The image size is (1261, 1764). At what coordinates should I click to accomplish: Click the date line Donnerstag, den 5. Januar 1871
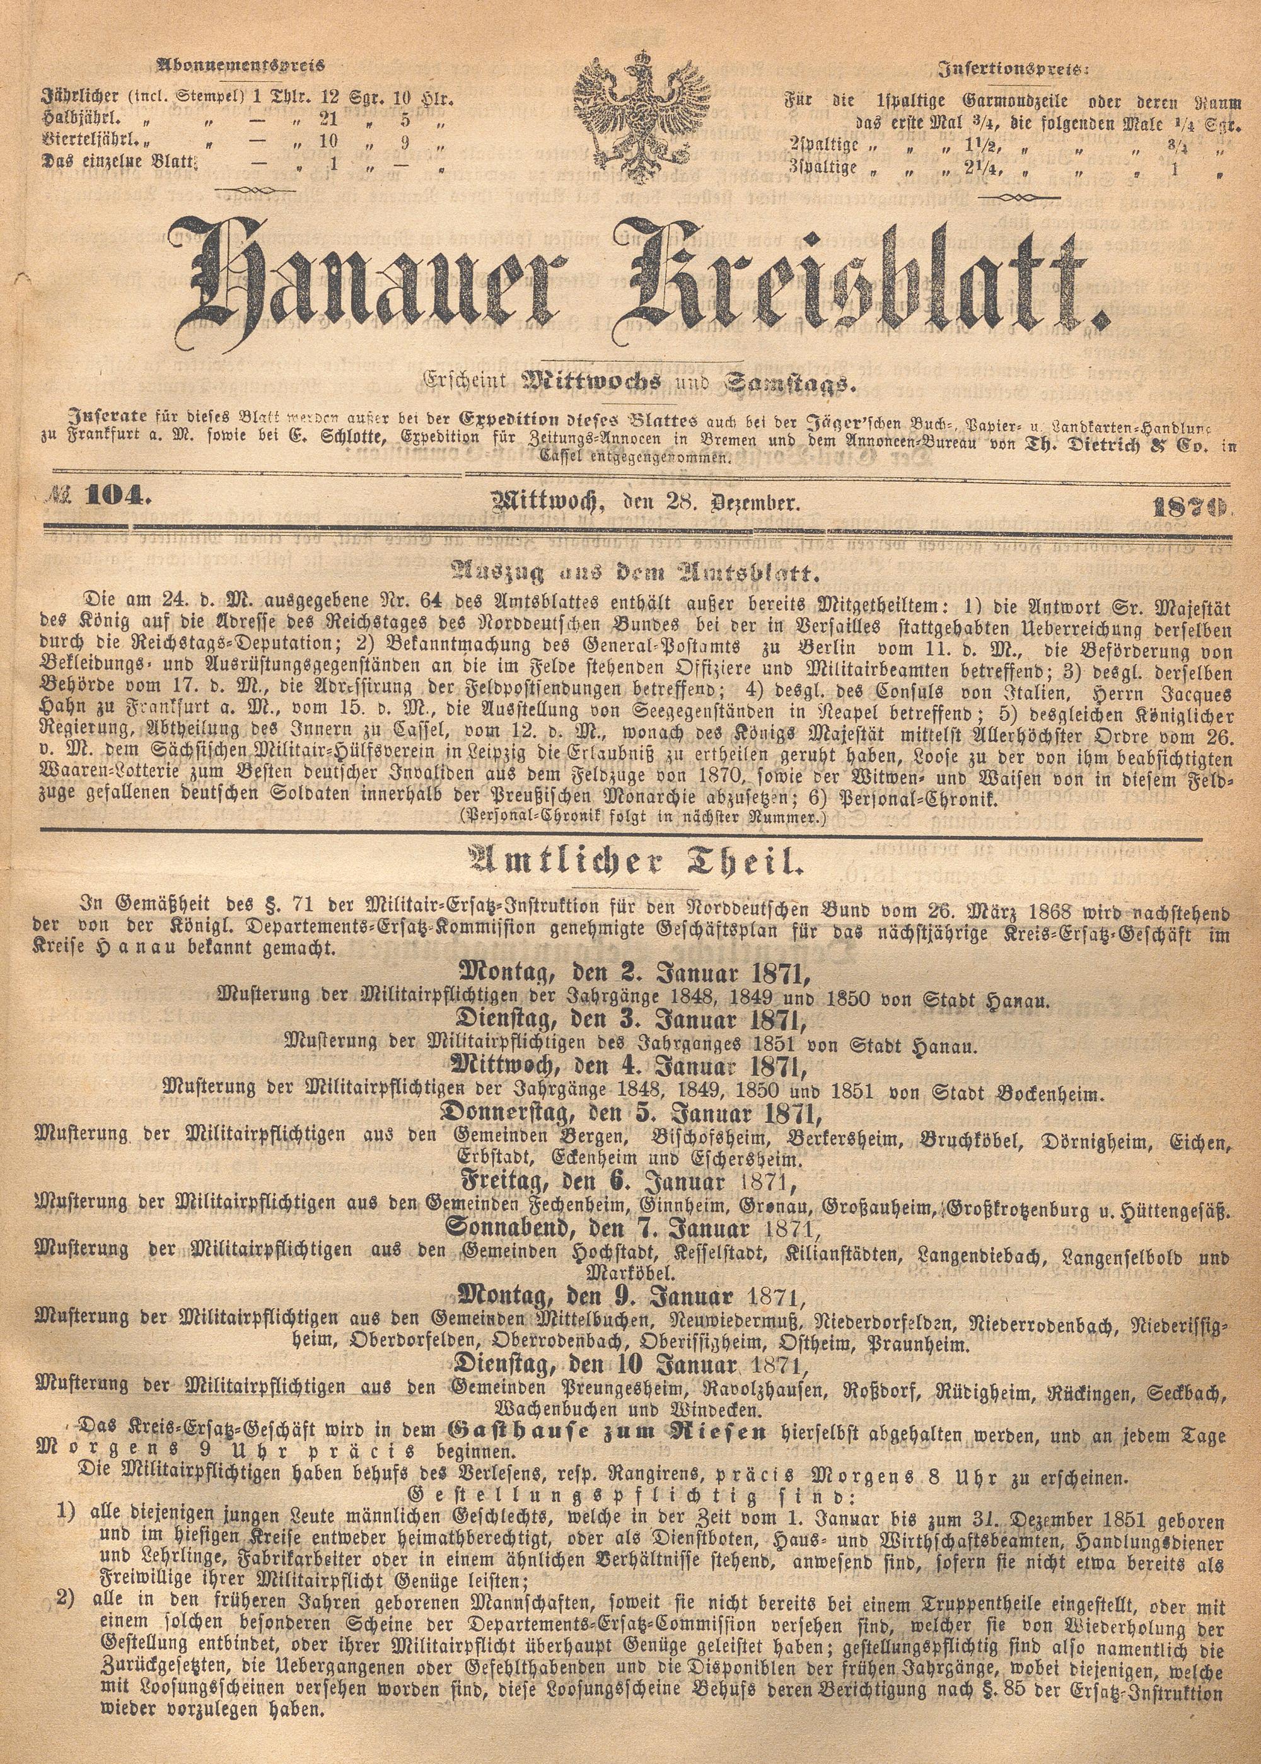tap(630, 1114)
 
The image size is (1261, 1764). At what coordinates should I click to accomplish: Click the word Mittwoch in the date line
tap(543, 503)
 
